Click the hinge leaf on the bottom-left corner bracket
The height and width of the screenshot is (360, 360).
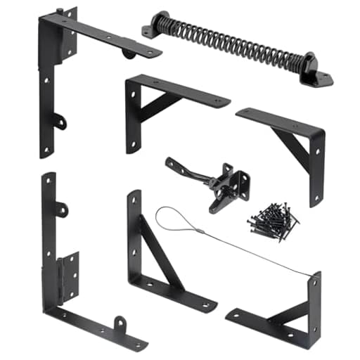point(69,278)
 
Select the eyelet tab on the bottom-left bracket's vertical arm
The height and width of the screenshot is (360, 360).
point(61,209)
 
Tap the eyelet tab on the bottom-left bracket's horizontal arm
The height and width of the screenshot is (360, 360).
point(120,324)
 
